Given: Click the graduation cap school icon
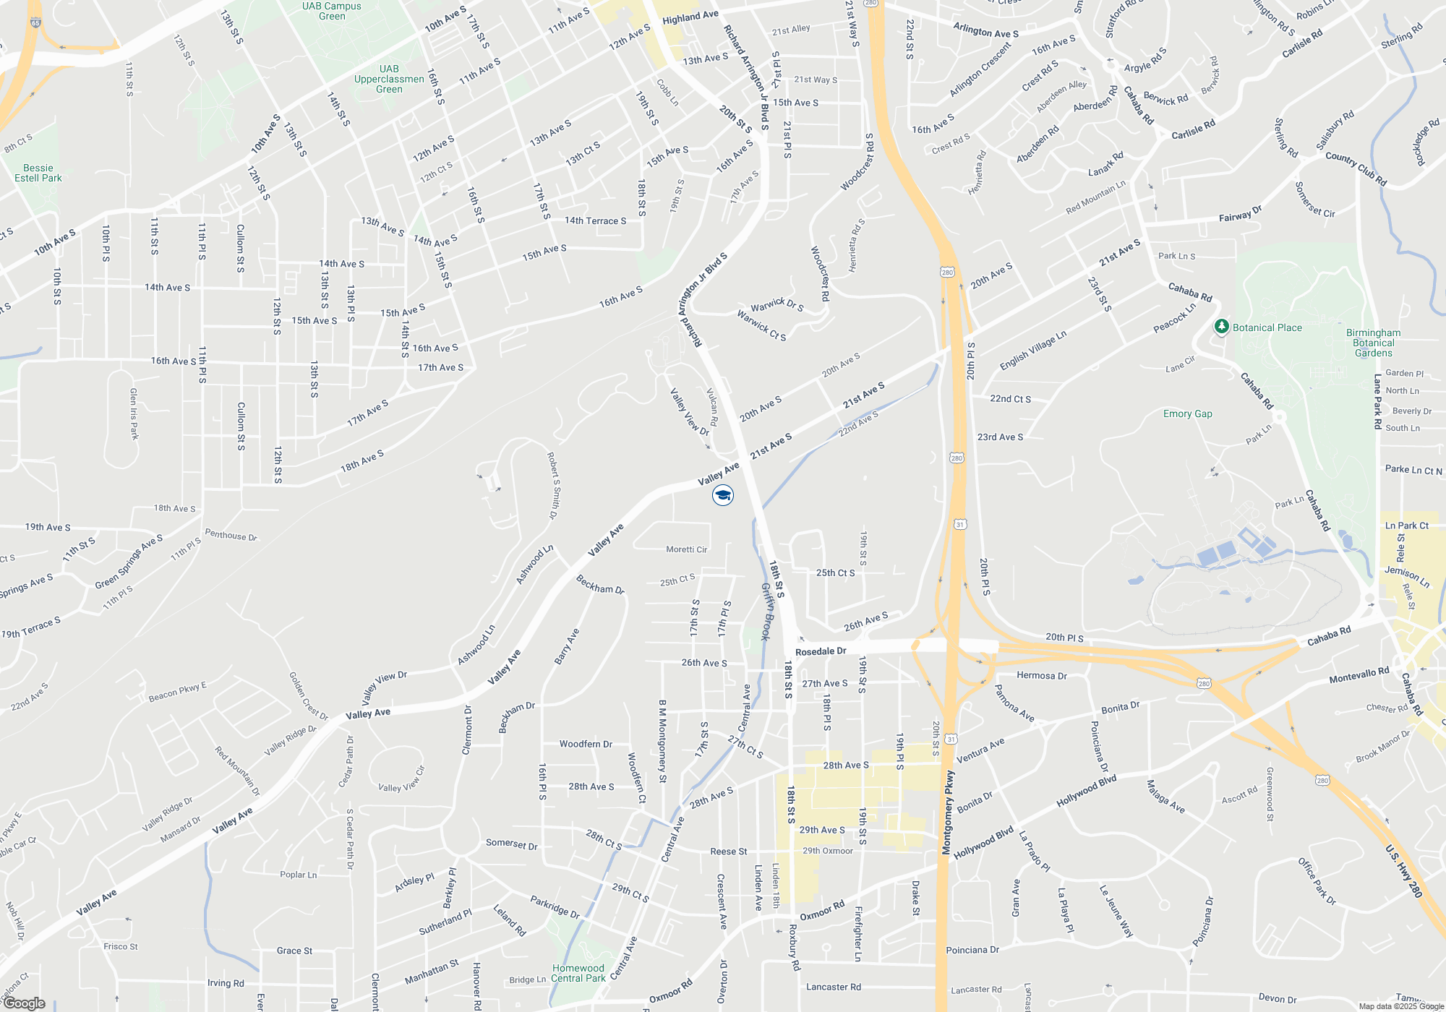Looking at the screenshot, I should pos(723,495).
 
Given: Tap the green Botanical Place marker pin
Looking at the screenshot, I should pos(1222,327).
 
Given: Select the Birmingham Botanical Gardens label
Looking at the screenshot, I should pos(1373,343).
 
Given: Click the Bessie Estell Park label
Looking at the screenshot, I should pos(38,173).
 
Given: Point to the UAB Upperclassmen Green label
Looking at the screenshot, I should pos(389,80).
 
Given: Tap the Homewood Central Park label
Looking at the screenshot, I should pos(578,973).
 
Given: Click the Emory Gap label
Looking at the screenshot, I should pos(1188,413).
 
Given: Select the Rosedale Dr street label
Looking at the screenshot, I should pos(821,651).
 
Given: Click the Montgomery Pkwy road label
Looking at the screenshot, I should pos(948,813).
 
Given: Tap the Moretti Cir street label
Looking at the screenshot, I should pos(687,549).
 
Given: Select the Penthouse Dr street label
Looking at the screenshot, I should pos(231,535).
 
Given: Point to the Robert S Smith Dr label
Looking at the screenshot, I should pos(553,486).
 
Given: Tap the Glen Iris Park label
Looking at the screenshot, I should pos(134,413).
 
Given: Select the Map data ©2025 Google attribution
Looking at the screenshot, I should pos(1401,1006).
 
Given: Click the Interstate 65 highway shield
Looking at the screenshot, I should pos(36,22).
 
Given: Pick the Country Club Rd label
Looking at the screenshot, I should pos(1356,168).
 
